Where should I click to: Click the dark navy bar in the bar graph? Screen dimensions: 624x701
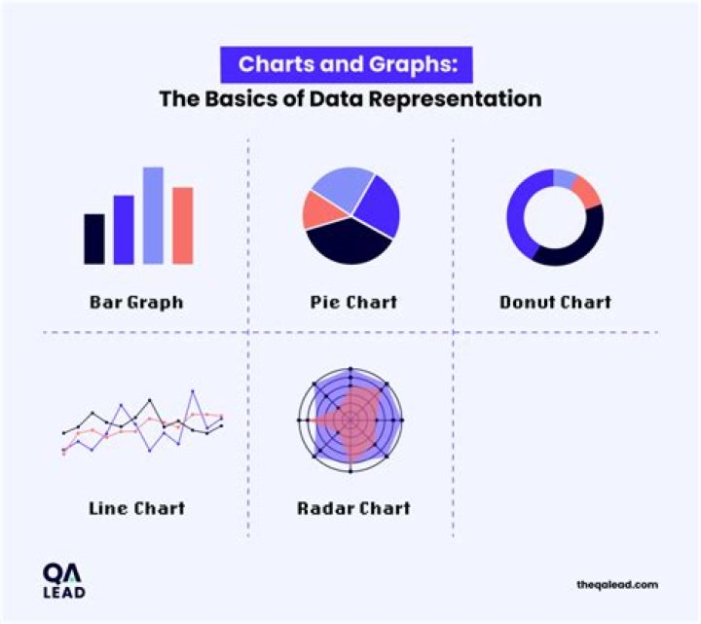[x=93, y=239]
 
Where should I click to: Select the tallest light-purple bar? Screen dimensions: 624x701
[x=153, y=215]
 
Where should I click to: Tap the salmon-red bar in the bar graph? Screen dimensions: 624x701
[x=183, y=225]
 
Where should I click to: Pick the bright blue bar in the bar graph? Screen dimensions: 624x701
[x=124, y=230]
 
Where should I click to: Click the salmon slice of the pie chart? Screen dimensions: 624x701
[x=316, y=208]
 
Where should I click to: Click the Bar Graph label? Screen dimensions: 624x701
[x=135, y=302]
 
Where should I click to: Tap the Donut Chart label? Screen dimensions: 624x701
[x=555, y=302]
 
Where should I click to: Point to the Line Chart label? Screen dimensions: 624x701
[x=136, y=508]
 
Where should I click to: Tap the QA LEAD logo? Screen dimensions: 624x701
[x=64, y=581]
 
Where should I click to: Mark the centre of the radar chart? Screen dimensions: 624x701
[x=350, y=421]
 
